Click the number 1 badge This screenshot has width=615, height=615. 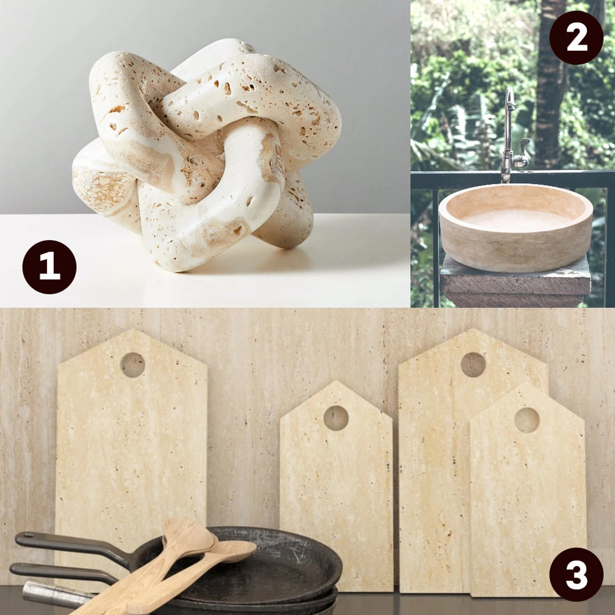pos(50,267)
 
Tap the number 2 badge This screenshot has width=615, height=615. pos(577,37)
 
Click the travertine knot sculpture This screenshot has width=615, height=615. pos(207,153)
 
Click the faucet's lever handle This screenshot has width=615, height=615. pos(523,145)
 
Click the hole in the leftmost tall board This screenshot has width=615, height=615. pos(132,365)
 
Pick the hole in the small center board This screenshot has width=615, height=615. pos(336,418)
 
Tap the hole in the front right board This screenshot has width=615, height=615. pos(527,420)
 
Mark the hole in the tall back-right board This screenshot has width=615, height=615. pos(473,365)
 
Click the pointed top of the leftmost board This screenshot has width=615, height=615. pos(132,329)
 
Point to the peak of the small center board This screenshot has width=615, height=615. pos(336,381)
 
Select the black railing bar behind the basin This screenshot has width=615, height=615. pos(510,176)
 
